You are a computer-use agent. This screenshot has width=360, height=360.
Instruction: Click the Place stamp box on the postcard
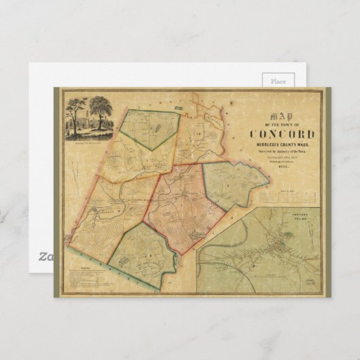pyautogui.click(x=278, y=82)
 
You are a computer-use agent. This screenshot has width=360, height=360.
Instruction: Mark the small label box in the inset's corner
pyautogui.click(x=311, y=280)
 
